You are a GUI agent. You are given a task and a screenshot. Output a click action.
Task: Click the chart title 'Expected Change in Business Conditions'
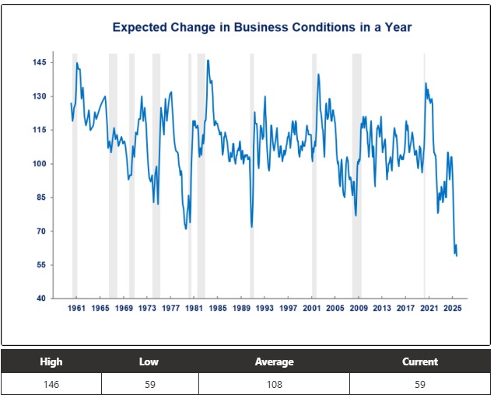tap(261, 27)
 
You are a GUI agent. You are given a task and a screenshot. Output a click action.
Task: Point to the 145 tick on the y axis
tap(39, 62)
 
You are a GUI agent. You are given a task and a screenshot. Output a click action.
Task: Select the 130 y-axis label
tap(39, 96)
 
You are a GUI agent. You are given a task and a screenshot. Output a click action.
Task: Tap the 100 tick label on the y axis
tap(39, 164)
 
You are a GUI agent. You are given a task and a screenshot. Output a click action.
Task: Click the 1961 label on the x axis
tap(76, 309)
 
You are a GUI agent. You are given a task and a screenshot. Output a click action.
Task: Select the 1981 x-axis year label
tap(194, 309)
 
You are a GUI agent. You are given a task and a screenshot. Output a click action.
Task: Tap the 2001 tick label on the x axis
tap(311, 309)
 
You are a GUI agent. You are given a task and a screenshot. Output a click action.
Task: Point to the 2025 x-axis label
tap(452, 309)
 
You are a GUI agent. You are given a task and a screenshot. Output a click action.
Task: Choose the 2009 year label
tap(358, 309)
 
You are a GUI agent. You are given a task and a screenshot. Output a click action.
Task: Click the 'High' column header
tap(51, 361)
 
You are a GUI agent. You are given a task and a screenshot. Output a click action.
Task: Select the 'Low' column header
tap(149, 361)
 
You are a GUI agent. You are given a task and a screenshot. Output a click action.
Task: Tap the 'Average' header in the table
tap(274, 361)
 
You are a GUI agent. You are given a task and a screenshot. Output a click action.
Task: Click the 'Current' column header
tap(420, 361)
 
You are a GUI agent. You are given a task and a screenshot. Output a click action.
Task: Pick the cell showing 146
tap(51, 384)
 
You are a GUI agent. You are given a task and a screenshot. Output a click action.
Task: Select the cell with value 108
tap(274, 384)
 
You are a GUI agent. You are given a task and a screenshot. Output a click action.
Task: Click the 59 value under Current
tap(420, 384)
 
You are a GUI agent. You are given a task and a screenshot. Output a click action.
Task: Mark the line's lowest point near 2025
tap(457, 256)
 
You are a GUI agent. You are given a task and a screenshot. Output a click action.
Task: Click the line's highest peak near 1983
tap(208, 60)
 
